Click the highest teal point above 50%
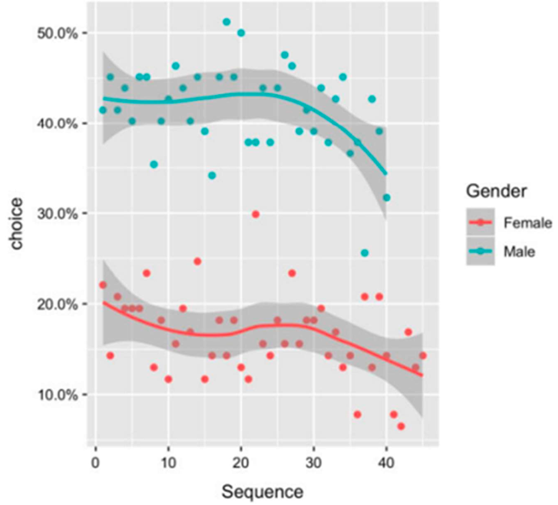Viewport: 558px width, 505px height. pyautogui.click(x=227, y=22)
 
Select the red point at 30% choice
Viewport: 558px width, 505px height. pyautogui.click(x=255, y=214)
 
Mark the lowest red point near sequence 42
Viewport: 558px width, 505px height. pyautogui.click(x=401, y=426)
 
